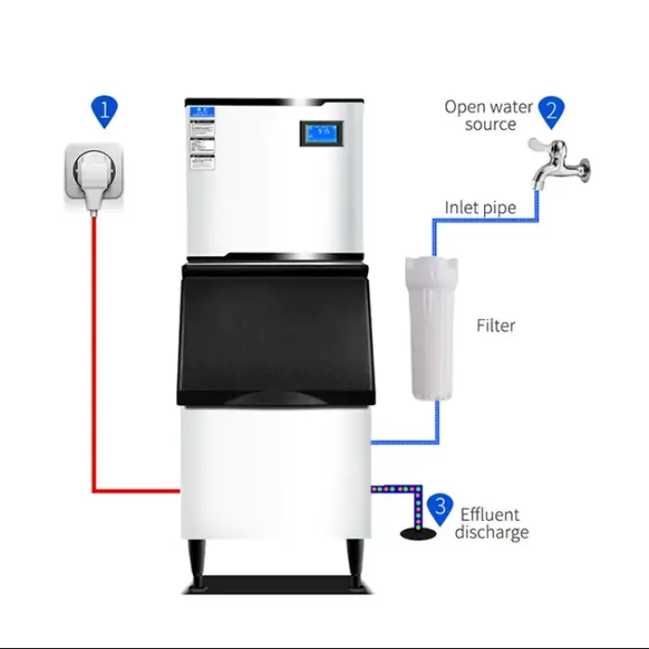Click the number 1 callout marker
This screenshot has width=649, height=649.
click(104, 111)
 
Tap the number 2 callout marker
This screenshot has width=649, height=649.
click(551, 110)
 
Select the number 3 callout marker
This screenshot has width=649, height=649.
click(440, 507)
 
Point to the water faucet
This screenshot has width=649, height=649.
click(558, 161)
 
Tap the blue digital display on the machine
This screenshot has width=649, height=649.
click(324, 134)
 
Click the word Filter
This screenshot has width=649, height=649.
click(495, 325)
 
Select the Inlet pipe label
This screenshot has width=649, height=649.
click(480, 208)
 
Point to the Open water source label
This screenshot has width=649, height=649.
click(489, 115)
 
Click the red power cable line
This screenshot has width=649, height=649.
click(94, 371)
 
